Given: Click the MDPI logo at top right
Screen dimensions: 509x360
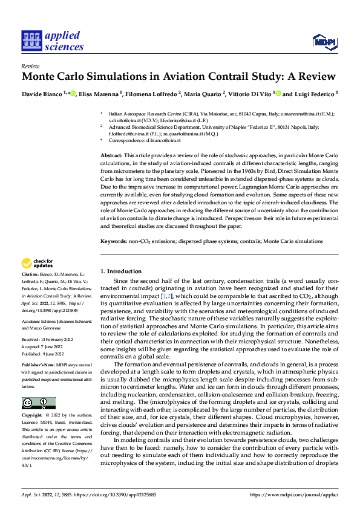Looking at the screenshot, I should click(x=324, y=41).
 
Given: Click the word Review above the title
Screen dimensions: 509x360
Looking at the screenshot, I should click(x=30, y=66).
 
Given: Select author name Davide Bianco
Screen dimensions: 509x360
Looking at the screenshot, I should click(x=43, y=94).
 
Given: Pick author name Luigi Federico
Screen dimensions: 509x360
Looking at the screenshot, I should click(x=313, y=94).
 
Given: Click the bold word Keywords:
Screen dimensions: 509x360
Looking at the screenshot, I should click(x=113, y=241).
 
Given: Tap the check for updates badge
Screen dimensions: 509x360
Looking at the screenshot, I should click(x=37, y=263).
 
